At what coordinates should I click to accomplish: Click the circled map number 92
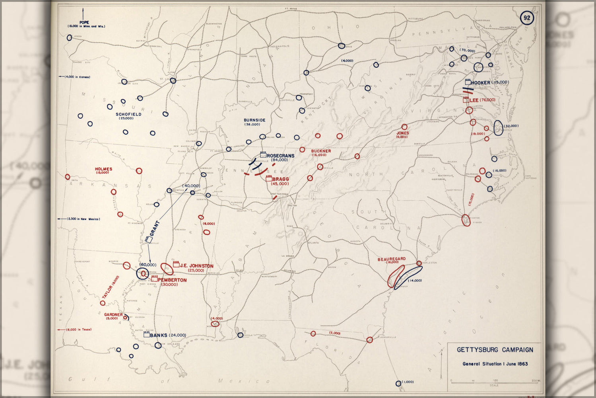tap(527, 18)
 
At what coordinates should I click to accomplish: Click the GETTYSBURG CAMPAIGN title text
tap(495, 350)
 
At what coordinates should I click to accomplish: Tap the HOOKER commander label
tap(480, 83)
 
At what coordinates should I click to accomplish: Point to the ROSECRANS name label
tap(281, 156)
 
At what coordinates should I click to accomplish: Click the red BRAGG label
tap(281, 179)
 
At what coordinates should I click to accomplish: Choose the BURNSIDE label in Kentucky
tap(254, 120)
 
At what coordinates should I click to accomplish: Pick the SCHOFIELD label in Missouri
tap(128, 114)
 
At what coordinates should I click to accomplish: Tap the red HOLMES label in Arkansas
tap(103, 169)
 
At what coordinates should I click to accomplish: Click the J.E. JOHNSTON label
tap(196, 266)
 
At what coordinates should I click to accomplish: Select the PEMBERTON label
tap(172, 280)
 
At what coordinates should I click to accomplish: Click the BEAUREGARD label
tap(391, 259)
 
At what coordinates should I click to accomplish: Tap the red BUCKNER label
tap(321, 151)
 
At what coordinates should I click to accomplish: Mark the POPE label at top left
tap(84, 23)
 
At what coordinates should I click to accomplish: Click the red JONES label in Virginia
tap(402, 133)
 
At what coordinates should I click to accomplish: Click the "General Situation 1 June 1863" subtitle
tap(495, 364)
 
